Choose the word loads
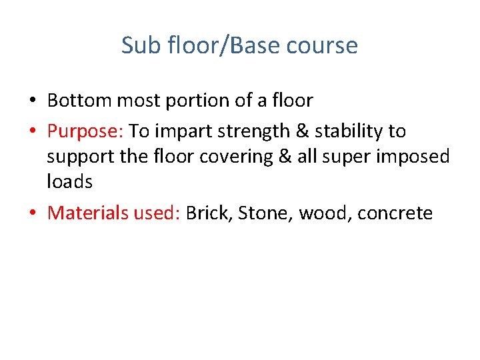pyautogui.click(x=69, y=181)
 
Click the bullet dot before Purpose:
pyautogui.click(x=32, y=132)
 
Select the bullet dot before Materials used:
pyautogui.click(x=32, y=214)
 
